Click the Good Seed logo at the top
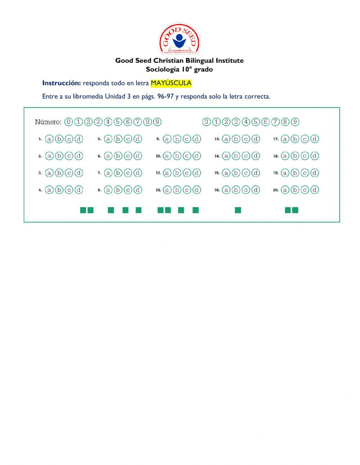pyautogui.click(x=179, y=39)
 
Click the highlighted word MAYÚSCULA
pyautogui.click(x=171, y=83)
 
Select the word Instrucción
pyautogui.click(x=62, y=83)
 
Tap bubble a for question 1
pyautogui.click(x=49, y=139)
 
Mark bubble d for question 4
pyautogui.click(x=79, y=190)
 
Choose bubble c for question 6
pyautogui.click(x=128, y=156)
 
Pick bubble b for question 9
pyautogui.click(x=177, y=139)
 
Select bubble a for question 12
pyautogui.click(x=167, y=190)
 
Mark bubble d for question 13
pyautogui.click(x=256, y=139)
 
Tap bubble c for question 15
pyautogui.click(x=246, y=173)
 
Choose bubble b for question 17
pyautogui.click(x=295, y=139)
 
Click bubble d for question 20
pyautogui.click(x=315, y=190)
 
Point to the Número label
pyautogui.click(x=48, y=122)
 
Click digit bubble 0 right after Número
pyautogui.click(x=68, y=122)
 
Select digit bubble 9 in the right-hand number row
pyautogui.click(x=295, y=122)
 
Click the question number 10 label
pyautogui.click(x=158, y=156)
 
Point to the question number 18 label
pyautogui.click(x=276, y=156)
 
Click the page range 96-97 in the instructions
pyautogui.click(x=166, y=97)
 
